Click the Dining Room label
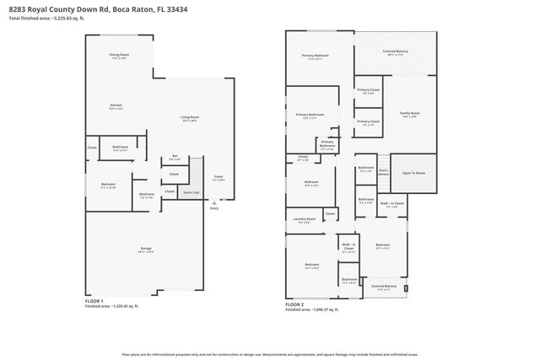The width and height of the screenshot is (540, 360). click(118, 56)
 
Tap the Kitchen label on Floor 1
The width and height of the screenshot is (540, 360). click(116, 106)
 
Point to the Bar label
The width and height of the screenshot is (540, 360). click(175, 158)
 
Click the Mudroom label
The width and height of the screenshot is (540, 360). click(147, 195)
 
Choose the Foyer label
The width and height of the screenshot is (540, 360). click(218, 178)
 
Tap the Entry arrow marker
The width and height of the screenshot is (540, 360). click(213, 204)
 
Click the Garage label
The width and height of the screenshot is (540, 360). click(145, 250)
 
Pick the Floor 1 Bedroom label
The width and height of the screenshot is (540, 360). click(108, 185)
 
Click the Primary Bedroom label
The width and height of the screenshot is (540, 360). click(315, 56)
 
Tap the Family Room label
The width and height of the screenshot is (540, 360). click(410, 115)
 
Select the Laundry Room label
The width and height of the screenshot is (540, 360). click(304, 220)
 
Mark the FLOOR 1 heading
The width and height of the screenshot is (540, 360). click(94, 301)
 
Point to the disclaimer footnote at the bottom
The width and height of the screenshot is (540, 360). click(270, 354)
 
